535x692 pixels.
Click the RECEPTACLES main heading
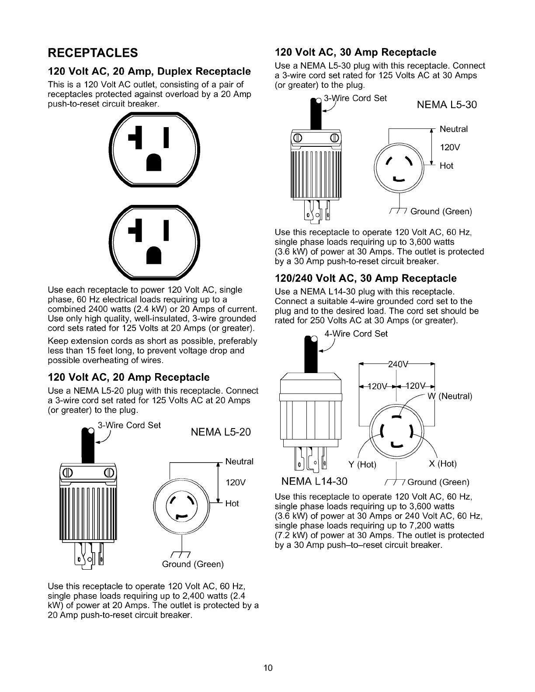93,53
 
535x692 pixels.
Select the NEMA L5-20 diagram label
221,432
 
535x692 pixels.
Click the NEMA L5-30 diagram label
447,105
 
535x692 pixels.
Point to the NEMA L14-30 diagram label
315,481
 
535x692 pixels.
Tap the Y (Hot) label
362,464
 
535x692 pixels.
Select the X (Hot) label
442,464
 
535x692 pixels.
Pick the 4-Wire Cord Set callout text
356,333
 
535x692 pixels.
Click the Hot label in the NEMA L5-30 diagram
446,166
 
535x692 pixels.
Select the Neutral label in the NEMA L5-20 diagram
239,461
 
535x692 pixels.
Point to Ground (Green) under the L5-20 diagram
193,564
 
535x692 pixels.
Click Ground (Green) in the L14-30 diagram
438,482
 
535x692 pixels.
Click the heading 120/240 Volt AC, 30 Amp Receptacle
365,278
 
